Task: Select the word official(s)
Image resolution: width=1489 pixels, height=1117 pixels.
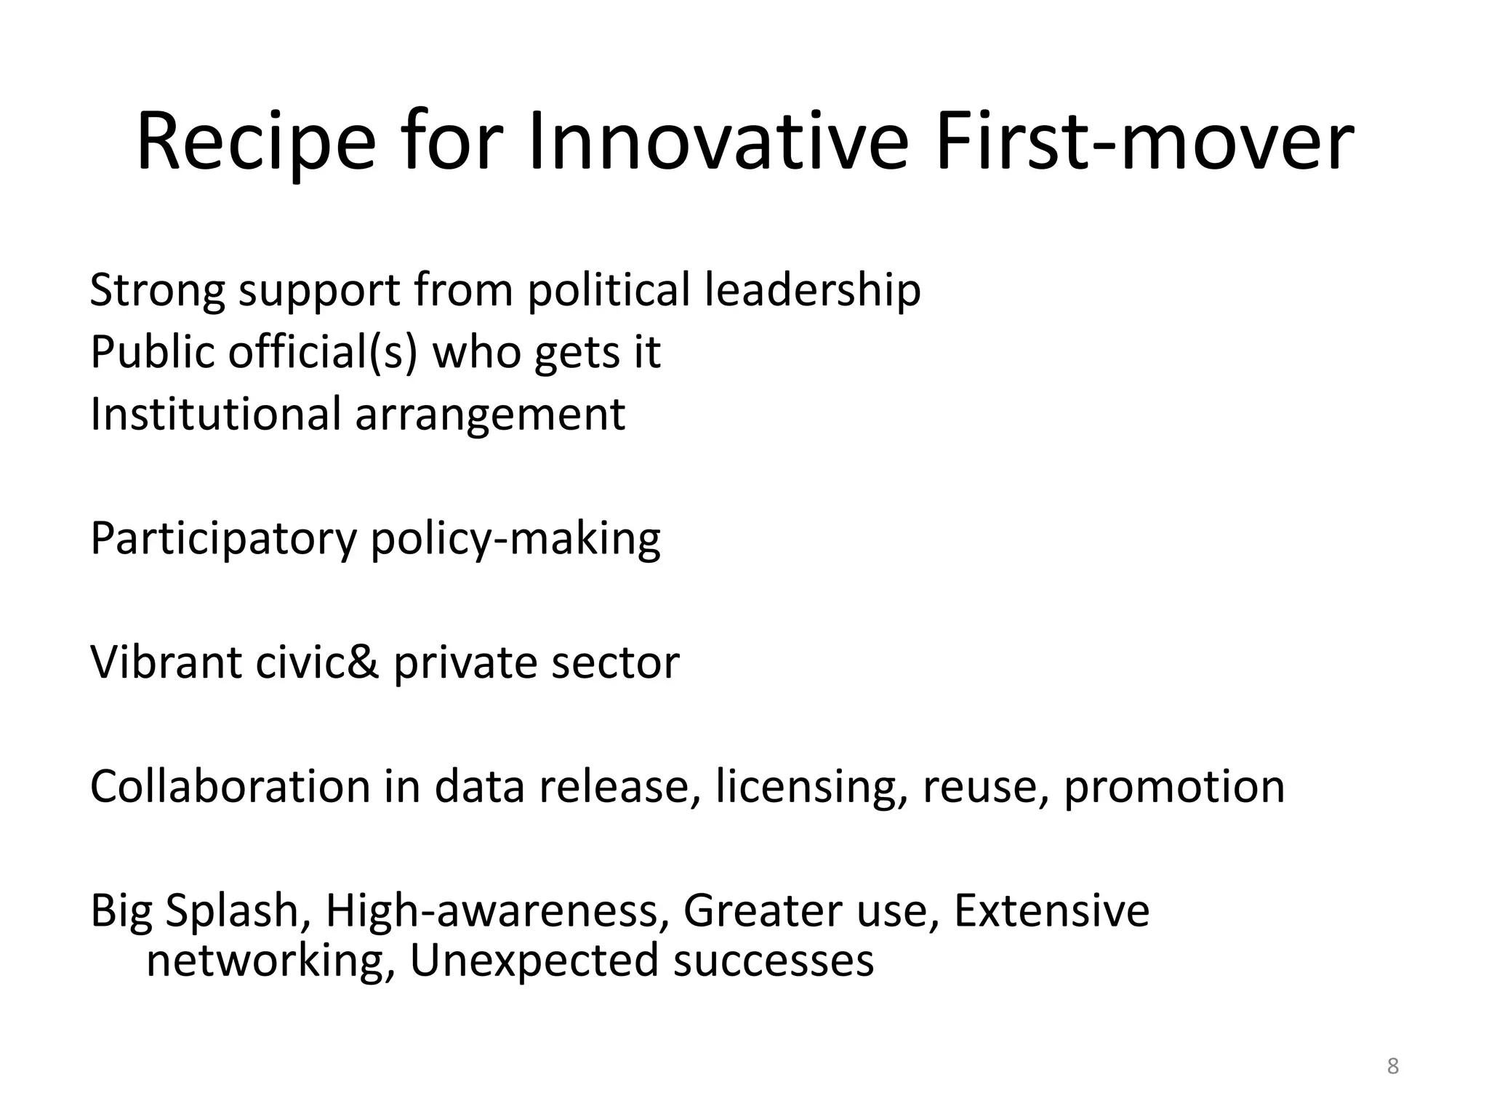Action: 322,353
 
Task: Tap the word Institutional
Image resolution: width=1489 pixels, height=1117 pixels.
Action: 215,415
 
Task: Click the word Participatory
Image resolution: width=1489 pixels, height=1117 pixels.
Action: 223,540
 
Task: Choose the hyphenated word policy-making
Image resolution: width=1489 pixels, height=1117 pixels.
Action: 515,540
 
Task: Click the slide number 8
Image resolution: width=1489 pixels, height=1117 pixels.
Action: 1392,1067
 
